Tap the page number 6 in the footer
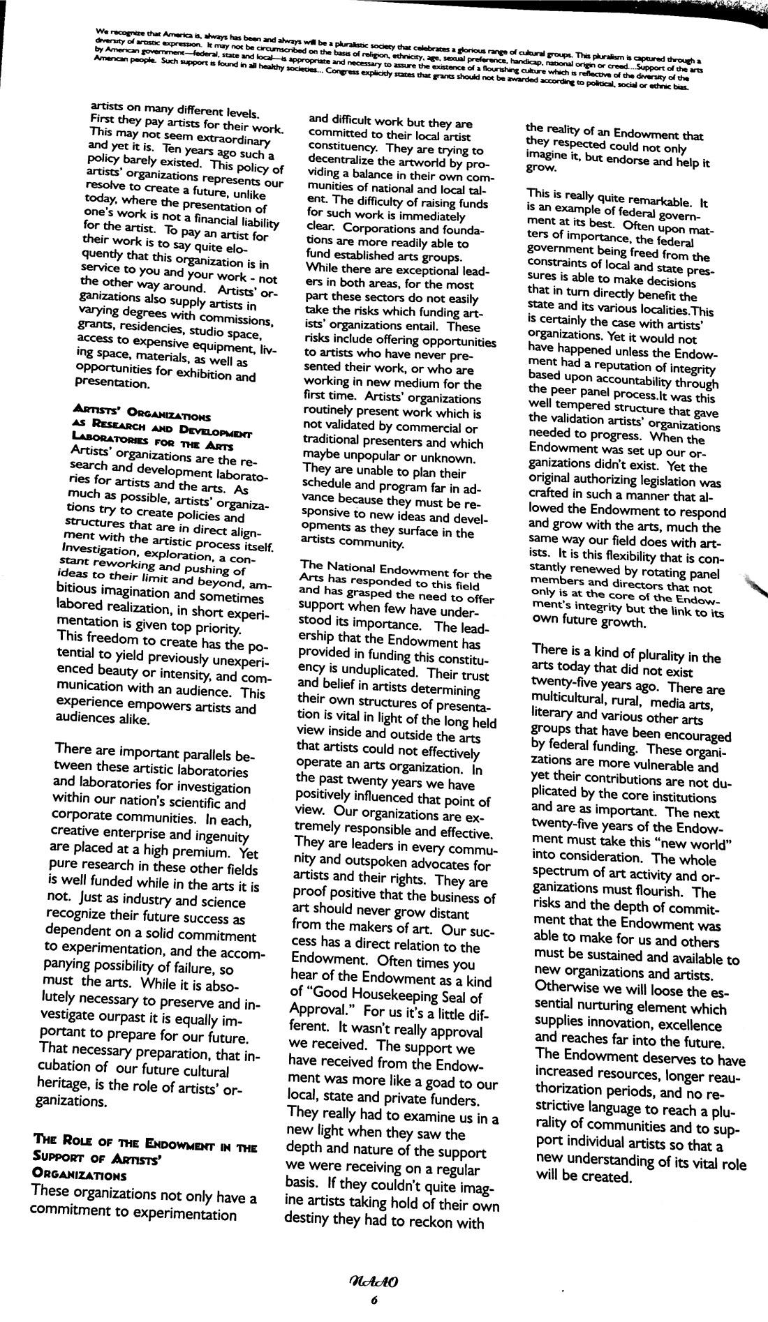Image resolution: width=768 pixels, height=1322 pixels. (374, 1300)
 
